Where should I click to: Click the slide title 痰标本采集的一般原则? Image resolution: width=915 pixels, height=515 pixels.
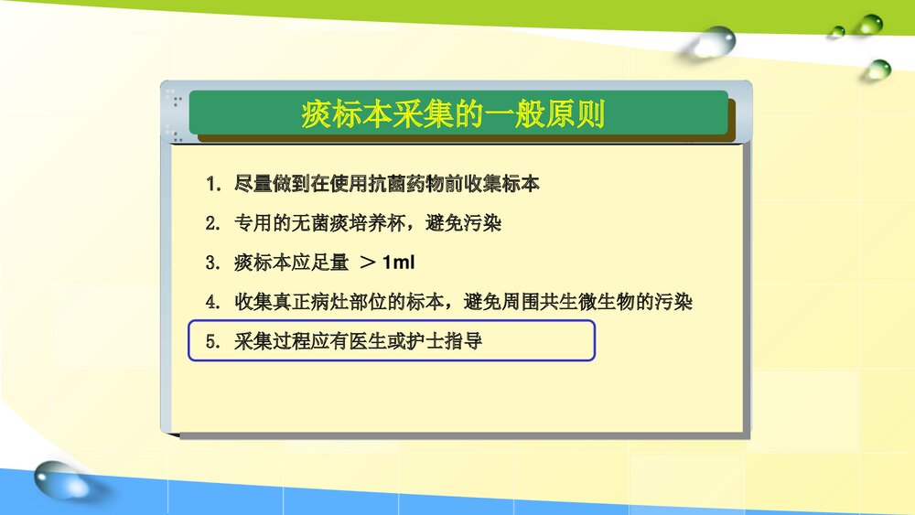454,115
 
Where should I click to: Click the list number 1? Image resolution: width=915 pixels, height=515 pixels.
211,185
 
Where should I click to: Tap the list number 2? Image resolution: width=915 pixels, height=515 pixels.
211,224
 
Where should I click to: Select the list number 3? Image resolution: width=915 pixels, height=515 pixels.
211,263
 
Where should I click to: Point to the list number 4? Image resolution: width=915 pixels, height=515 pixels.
211,302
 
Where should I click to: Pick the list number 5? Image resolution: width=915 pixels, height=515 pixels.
211,342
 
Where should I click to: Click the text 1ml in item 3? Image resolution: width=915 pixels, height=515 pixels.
399,263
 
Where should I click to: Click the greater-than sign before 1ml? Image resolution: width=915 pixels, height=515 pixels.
368,263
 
